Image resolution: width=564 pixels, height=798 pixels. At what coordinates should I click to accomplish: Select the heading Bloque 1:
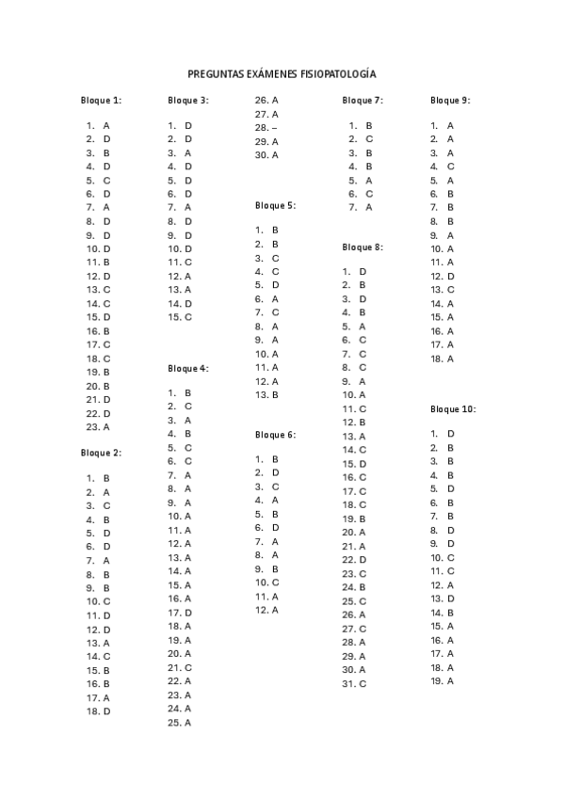(x=101, y=100)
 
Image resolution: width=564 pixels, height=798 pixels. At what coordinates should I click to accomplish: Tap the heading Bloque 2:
(x=101, y=453)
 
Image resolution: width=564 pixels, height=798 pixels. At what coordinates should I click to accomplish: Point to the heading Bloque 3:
(x=188, y=100)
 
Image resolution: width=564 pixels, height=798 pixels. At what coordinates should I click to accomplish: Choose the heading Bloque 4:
(x=188, y=368)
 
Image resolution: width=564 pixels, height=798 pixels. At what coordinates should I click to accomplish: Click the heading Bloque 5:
(x=275, y=205)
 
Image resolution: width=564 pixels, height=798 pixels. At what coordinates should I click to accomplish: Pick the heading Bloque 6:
(x=275, y=435)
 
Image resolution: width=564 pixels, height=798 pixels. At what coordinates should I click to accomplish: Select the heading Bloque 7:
(x=363, y=100)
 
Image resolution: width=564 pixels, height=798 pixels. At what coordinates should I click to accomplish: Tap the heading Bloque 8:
(x=363, y=247)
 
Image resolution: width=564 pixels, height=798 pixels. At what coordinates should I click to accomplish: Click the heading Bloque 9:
(x=450, y=100)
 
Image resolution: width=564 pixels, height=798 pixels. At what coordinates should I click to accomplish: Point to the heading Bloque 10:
(x=453, y=409)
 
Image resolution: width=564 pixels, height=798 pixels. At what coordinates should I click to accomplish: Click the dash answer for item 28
(x=274, y=127)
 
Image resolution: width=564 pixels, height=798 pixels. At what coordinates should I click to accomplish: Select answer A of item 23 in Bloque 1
(x=106, y=426)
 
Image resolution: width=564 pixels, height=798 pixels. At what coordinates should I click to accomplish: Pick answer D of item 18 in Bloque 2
(x=106, y=711)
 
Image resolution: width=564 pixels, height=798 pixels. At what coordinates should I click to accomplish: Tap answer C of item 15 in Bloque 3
(x=188, y=317)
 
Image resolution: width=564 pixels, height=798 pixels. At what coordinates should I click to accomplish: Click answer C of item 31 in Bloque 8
(x=363, y=683)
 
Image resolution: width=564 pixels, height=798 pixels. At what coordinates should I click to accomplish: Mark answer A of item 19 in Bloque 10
(x=450, y=680)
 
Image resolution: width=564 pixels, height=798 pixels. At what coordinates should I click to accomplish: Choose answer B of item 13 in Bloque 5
(x=275, y=395)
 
